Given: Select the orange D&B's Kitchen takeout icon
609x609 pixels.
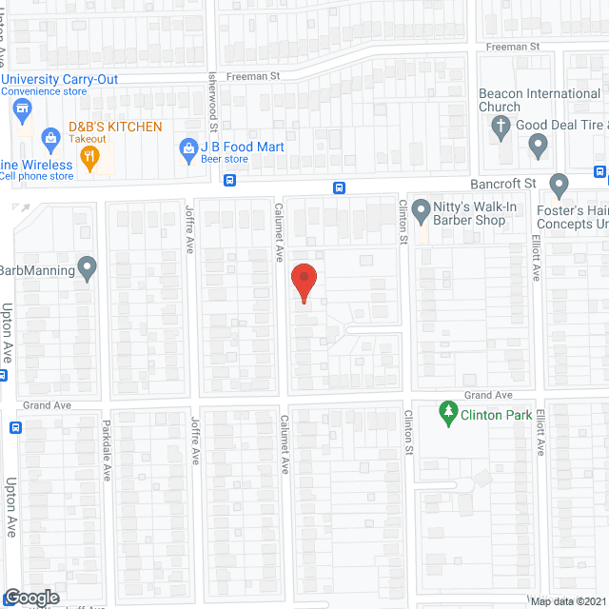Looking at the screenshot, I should point(90,157).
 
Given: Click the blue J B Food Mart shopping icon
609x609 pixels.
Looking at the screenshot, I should point(188,148).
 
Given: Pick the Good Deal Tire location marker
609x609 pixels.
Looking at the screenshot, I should point(538,147).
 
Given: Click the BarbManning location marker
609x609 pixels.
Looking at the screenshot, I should point(88,269).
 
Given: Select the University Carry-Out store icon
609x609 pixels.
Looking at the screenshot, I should point(20,111).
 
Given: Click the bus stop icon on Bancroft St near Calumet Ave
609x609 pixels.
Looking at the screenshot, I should point(338,187).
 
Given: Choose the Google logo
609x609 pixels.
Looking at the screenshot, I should point(31,597).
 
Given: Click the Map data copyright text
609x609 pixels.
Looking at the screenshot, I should point(567,600).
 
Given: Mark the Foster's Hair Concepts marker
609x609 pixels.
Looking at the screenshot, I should point(560,183).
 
